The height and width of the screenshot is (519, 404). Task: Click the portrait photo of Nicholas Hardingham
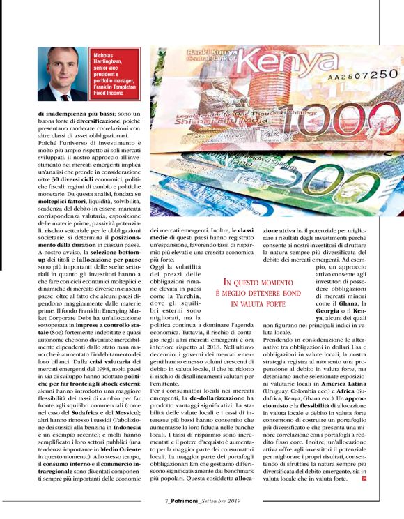tap(63, 74)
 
